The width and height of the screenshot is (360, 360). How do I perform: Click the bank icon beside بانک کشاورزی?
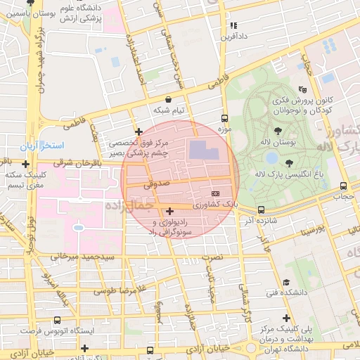[215, 194]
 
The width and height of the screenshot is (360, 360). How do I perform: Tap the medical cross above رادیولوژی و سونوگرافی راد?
[169, 211]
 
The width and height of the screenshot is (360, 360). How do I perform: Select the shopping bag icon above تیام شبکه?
[168, 100]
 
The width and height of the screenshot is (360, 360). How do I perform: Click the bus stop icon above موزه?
[224, 118]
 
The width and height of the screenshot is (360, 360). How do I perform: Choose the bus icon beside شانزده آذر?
[261, 210]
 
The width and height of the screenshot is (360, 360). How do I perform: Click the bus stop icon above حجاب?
[342, 186]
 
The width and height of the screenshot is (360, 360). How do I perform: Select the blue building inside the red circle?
[203, 150]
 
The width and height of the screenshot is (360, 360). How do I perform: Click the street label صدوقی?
[156, 184]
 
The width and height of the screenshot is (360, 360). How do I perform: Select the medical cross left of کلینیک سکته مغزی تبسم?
[25, 164]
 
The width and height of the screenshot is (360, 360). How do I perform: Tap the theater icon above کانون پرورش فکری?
[302, 89]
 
